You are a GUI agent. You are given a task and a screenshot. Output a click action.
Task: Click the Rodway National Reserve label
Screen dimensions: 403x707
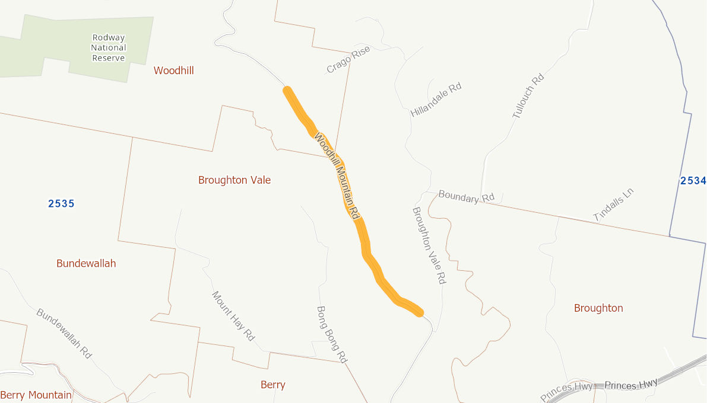click(109, 47)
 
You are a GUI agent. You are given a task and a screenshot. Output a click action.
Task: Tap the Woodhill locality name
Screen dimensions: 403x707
click(173, 71)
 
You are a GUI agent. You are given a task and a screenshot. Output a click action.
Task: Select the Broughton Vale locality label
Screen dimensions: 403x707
click(234, 180)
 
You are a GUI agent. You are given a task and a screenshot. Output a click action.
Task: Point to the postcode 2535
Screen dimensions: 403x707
click(61, 204)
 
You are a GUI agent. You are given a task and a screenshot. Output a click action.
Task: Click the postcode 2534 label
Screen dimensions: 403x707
click(693, 181)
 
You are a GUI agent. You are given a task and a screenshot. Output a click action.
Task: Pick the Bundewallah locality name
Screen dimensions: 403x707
click(86, 264)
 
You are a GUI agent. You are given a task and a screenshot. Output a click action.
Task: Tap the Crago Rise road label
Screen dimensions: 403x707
click(348, 60)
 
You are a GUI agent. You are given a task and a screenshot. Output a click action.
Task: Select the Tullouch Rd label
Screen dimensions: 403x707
click(528, 95)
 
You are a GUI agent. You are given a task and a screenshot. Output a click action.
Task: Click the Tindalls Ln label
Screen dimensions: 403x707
click(614, 204)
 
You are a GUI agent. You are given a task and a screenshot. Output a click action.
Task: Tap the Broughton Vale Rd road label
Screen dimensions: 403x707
click(429, 245)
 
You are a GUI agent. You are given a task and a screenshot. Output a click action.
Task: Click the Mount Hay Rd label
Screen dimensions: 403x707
click(233, 316)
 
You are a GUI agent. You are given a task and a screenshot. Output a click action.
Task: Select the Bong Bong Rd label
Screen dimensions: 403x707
click(332, 334)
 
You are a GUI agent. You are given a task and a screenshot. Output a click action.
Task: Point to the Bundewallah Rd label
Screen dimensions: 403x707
click(64, 333)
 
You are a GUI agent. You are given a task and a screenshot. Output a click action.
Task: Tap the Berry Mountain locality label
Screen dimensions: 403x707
click(36, 395)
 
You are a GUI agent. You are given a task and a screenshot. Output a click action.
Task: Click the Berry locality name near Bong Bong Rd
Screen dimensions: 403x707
click(273, 385)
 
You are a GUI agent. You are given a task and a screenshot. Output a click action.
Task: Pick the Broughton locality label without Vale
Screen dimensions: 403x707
click(598, 308)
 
